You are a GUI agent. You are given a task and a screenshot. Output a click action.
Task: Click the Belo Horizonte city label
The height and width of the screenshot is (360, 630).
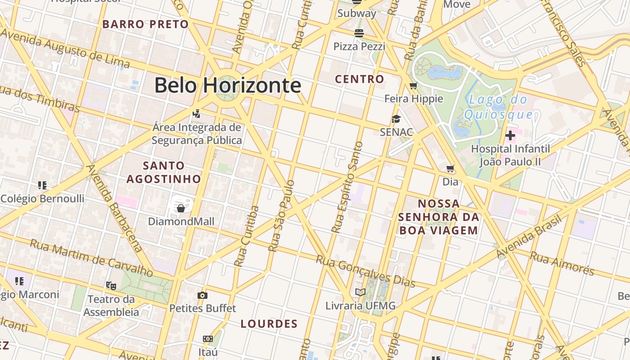click(x=228, y=85)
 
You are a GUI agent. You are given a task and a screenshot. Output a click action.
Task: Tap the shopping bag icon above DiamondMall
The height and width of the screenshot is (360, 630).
click(x=180, y=208)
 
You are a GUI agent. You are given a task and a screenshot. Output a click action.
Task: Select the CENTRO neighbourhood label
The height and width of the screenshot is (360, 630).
click(x=360, y=79)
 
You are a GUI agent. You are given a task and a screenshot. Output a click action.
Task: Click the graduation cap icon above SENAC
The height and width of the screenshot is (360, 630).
click(x=396, y=119)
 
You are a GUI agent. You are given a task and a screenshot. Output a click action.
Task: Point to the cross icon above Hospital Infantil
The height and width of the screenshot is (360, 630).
click(x=510, y=135)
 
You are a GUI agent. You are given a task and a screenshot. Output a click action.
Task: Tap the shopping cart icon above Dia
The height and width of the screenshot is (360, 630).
click(x=450, y=169)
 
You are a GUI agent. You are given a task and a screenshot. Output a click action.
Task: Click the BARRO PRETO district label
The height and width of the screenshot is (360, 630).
click(x=145, y=24)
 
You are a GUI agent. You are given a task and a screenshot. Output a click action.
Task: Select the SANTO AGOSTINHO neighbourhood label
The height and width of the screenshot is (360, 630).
click(x=163, y=172)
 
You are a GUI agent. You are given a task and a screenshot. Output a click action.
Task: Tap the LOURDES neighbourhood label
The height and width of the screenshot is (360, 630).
click(x=269, y=324)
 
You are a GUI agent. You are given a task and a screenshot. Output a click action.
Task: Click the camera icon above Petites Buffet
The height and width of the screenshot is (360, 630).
click(x=202, y=295)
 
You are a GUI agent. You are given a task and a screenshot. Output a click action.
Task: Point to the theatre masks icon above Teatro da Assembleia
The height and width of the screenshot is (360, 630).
click(x=111, y=285)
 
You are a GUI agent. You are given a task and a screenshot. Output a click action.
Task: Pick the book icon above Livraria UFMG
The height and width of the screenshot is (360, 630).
click(x=360, y=292)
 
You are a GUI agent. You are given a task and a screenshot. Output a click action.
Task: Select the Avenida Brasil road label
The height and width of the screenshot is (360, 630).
click(x=530, y=237)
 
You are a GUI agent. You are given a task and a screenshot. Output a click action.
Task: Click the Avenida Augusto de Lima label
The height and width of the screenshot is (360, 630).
click(x=65, y=49)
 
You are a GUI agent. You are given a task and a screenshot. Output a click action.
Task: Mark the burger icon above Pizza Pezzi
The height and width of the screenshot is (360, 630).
click(x=359, y=33)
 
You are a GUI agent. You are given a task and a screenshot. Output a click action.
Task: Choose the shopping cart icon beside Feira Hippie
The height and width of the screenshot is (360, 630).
click(x=414, y=85)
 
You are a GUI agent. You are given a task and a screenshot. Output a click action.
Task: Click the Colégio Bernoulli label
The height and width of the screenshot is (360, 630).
click(x=42, y=198)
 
